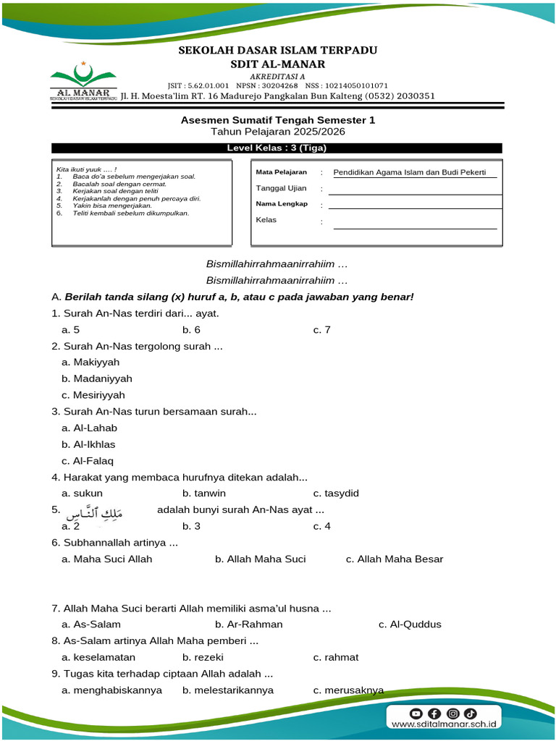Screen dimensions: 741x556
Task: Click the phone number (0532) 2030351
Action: coord(400,96)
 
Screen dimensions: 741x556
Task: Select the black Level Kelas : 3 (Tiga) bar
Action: coord(277,148)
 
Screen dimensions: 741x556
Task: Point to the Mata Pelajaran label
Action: coord(282,172)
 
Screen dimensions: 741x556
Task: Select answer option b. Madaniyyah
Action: coord(97,378)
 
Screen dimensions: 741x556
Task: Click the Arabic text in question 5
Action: coord(95,514)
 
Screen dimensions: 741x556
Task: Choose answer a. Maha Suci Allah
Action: coord(107,559)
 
